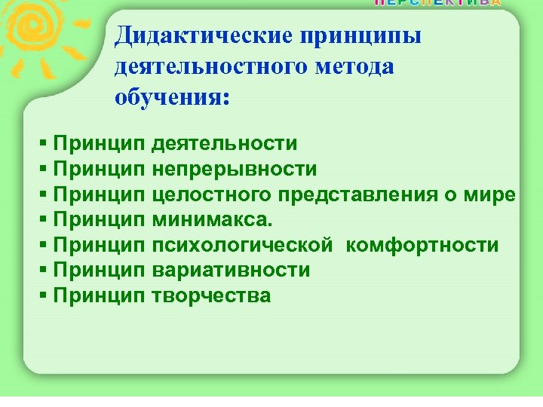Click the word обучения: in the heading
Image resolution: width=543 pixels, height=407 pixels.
click(170, 98)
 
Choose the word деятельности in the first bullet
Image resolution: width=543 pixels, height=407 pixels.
click(224, 143)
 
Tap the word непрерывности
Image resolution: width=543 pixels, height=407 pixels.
click(234, 169)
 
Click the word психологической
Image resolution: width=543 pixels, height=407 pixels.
click(241, 246)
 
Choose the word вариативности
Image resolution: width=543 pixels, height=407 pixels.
click(230, 271)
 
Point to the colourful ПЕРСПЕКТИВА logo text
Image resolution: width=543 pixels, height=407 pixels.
click(437, 3)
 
